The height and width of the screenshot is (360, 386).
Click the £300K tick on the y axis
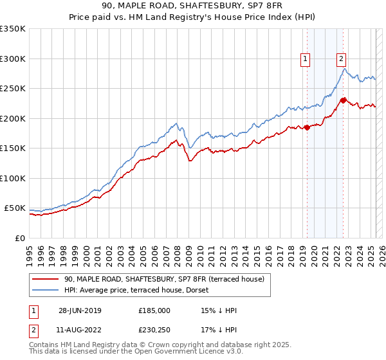13,59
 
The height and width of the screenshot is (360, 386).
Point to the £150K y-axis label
13,148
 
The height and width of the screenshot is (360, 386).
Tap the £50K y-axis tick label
15,208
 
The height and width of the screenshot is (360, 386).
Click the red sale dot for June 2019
307,127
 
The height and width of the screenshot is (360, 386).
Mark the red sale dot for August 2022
343,100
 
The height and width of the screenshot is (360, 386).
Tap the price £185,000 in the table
154,310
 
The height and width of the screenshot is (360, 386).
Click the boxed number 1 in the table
33,310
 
